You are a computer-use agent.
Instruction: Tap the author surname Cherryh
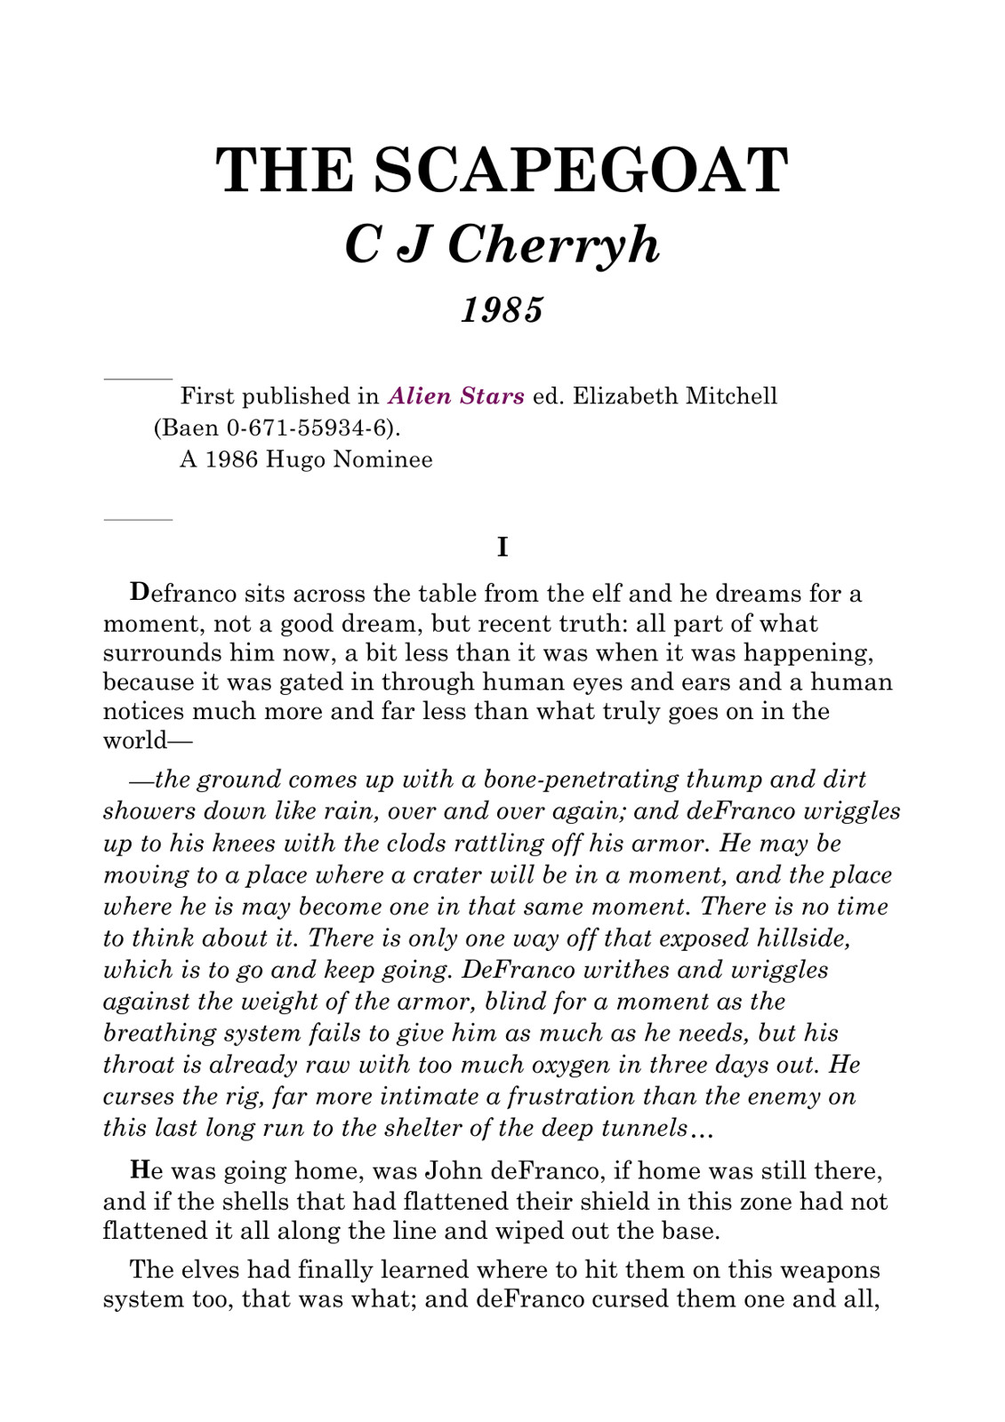click(553, 244)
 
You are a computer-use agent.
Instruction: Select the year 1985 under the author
click(502, 310)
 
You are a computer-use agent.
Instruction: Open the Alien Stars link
click(456, 396)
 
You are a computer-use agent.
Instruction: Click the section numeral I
click(502, 547)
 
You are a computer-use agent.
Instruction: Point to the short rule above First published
click(138, 379)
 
